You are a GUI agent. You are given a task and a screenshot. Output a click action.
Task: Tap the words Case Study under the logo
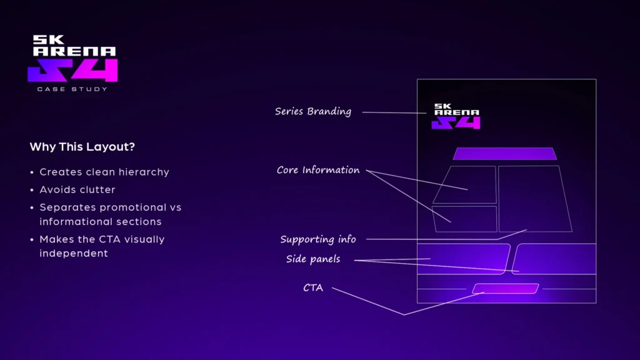click(x=72, y=89)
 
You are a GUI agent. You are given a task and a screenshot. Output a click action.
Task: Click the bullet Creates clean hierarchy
click(x=104, y=172)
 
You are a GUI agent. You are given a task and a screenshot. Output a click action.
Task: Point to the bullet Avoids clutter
click(x=77, y=189)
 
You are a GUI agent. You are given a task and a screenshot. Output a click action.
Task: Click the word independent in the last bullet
click(x=74, y=254)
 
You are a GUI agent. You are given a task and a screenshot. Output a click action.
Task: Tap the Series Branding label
click(x=313, y=112)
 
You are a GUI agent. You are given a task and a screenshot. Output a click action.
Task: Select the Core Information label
click(x=318, y=170)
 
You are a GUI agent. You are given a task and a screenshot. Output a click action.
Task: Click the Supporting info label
click(x=318, y=239)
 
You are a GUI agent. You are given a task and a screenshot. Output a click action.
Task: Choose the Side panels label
click(x=313, y=259)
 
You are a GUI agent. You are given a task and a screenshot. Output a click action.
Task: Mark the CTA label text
click(x=313, y=288)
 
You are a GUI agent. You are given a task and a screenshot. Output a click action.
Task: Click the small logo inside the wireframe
click(x=456, y=116)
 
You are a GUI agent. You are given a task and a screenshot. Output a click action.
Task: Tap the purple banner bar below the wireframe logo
click(x=504, y=154)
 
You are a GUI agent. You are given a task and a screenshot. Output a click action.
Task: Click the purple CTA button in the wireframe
click(x=506, y=289)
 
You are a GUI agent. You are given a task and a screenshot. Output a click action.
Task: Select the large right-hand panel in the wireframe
click(x=535, y=199)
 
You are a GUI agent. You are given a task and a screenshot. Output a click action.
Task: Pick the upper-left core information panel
click(x=466, y=184)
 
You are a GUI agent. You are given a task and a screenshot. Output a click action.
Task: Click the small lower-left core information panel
click(x=464, y=219)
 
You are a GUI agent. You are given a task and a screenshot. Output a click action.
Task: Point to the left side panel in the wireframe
click(x=462, y=259)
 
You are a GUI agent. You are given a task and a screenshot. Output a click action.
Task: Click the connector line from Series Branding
click(x=394, y=112)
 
